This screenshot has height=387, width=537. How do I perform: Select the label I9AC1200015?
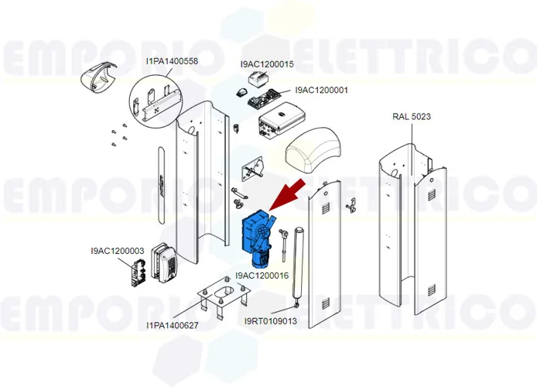pyautogui.click(x=267, y=64)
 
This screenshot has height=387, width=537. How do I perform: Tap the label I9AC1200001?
pyautogui.click(x=321, y=90)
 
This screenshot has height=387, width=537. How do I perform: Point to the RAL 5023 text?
pyautogui.click(x=411, y=117)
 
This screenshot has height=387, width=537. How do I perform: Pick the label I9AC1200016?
pyautogui.click(x=262, y=275)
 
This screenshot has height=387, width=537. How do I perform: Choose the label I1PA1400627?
pyautogui.click(x=173, y=325)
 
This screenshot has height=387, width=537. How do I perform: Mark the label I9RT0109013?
pyautogui.click(x=270, y=321)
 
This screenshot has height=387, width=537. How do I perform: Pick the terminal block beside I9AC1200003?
pyautogui.click(x=138, y=273)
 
